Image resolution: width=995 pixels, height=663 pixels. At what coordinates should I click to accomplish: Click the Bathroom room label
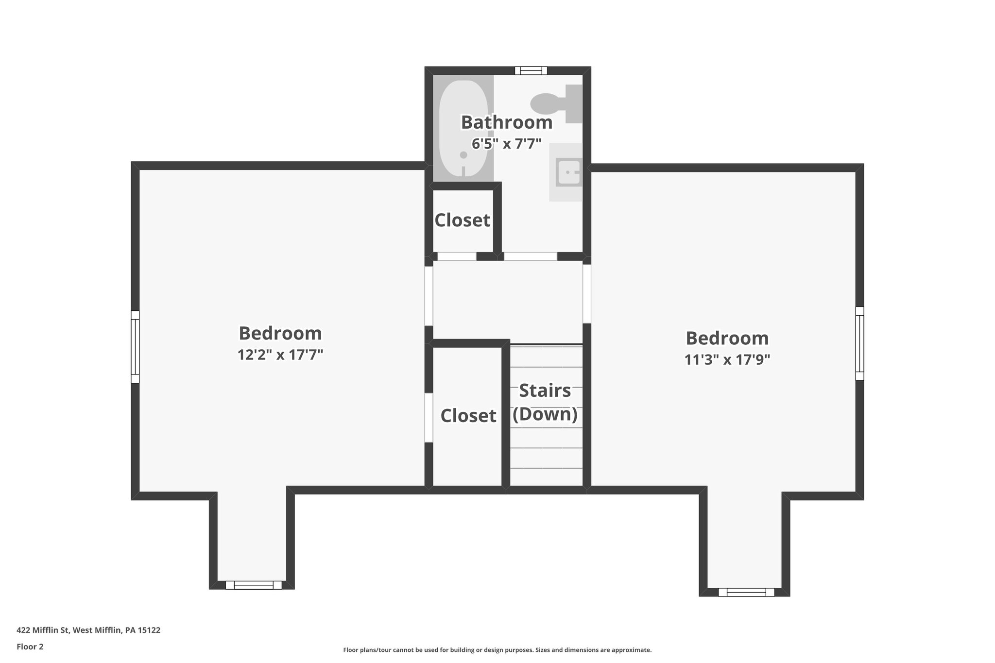click(506, 122)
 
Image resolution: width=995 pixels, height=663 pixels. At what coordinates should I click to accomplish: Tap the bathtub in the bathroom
click(463, 129)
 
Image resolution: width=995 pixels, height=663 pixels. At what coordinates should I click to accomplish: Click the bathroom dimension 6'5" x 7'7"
click(506, 144)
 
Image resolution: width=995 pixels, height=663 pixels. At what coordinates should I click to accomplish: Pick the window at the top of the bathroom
click(531, 71)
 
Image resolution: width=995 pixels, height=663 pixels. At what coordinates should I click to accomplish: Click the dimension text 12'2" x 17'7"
click(280, 355)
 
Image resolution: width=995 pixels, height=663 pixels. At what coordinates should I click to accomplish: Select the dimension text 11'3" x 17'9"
click(727, 360)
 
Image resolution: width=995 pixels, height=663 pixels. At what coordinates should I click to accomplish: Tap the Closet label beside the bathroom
click(462, 221)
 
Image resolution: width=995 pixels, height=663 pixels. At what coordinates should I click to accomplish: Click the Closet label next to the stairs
click(468, 416)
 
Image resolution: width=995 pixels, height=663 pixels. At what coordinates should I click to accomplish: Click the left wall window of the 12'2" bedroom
click(135, 347)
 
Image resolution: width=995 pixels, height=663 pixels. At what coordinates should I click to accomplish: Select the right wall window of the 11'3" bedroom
click(859, 343)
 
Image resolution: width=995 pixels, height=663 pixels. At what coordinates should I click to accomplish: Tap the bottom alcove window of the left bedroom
click(253, 585)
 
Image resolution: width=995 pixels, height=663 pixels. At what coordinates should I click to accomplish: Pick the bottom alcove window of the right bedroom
click(746, 592)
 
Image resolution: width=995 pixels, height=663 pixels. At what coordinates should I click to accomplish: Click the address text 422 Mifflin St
click(88, 630)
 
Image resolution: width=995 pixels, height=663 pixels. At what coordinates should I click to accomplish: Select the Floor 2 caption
click(30, 646)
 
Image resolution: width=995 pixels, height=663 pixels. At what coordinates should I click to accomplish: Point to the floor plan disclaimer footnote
click(497, 650)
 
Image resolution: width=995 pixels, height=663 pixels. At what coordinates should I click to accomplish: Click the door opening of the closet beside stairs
click(429, 418)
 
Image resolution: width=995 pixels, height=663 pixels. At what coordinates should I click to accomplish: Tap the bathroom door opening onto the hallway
click(530, 256)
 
